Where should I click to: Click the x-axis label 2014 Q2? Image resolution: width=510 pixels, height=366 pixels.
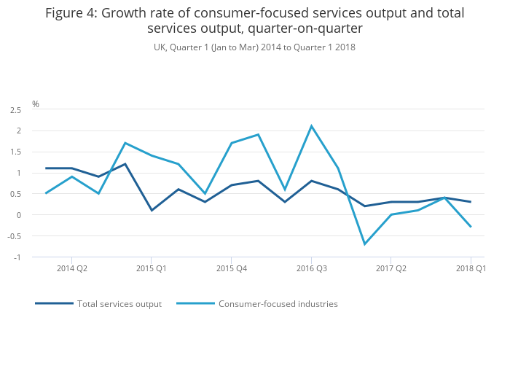[x=71, y=268]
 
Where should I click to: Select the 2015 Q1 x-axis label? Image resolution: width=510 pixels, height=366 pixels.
[x=152, y=268]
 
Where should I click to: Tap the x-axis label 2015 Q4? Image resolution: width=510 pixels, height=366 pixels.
[x=232, y=268]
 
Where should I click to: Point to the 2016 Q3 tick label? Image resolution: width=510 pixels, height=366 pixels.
[x=312, y=268]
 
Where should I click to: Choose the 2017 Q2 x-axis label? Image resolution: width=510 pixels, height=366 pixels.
[x=391, y=268]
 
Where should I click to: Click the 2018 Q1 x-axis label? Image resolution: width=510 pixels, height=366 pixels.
[x=471, y=268]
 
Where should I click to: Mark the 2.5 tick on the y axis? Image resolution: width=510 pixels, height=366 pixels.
[x=15, y=110]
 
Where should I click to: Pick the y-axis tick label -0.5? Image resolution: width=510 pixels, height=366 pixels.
[x=15, y=236]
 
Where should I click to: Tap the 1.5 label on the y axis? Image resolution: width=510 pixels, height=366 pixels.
[x=15, y=152]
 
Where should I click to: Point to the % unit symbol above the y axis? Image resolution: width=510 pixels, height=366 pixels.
[x=36, y=104]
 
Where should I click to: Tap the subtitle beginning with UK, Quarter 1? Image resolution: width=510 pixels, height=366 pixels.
[x=254, y=47]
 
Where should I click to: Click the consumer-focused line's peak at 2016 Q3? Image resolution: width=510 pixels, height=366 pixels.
[x=312, y=126]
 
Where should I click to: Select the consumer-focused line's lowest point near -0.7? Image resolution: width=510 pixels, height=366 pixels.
[x=365, y=244]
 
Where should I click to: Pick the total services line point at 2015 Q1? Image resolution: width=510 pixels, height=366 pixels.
[x=152, y=211]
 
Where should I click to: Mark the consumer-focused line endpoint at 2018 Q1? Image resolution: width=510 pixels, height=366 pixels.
[x=471, y=227]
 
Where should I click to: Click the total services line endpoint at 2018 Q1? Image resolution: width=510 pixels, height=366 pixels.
[x=471, y=202]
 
